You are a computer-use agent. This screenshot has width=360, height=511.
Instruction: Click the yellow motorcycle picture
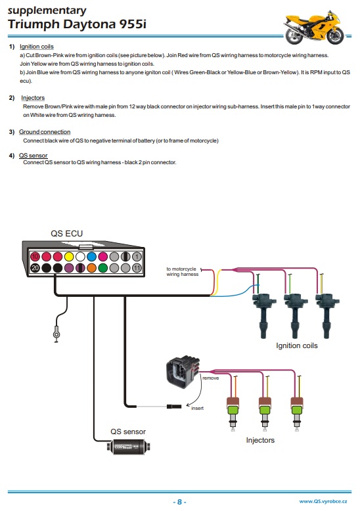pyautogui.click(x=313, y=28)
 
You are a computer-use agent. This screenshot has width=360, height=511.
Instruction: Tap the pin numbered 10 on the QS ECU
pyautogui.click(x=35, y=256)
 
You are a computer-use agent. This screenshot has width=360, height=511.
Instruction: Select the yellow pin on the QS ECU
pyautogui.click(x=69, y=256)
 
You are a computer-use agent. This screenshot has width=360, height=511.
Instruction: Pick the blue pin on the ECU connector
pyautogui.click(x=91, y=256)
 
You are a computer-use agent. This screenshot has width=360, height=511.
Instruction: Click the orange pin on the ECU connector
pyautogui.click(x=91, y=268)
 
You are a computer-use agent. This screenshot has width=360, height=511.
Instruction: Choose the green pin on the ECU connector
pyautogui.click(x=102, y=268)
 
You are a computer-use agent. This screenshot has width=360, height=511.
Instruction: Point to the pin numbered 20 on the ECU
pyautogui.click(x=35, y=268)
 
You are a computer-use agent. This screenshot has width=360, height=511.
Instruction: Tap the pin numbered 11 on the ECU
pyautogui.click(x=137, y=268)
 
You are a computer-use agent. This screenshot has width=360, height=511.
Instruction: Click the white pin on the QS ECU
pyautogui.click(x=80, y=256)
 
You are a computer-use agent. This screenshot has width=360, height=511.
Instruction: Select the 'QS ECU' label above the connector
pyautogui.click(x=66, y=233)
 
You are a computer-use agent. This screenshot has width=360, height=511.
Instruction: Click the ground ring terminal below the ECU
pyautogui.click(x=56, y=334)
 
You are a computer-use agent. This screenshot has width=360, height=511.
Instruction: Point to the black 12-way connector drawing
pyautogui.click(x=183, y=372)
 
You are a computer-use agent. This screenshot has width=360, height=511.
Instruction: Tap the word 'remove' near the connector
pyautogui.click(x=211, y=378)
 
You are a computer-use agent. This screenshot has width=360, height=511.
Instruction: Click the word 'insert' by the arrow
pyautogui.click(x=197, y=408)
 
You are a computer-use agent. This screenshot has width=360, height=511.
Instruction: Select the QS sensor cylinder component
pyautogui.click(x=129, y=447)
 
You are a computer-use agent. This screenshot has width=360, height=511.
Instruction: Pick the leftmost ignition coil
pyautogui.click(x=264, y=315)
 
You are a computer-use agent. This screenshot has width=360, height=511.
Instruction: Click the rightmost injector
pyautogui.click(x=297, y=412)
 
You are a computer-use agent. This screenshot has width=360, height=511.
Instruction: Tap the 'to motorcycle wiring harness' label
pyautogui.click(x=182, y=271)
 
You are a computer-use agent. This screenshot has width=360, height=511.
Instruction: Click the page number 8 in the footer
pyautogui.click(x=179, y=502)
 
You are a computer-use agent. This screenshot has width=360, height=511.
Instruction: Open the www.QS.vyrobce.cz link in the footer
pyautogui.click(x=323, y=502)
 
